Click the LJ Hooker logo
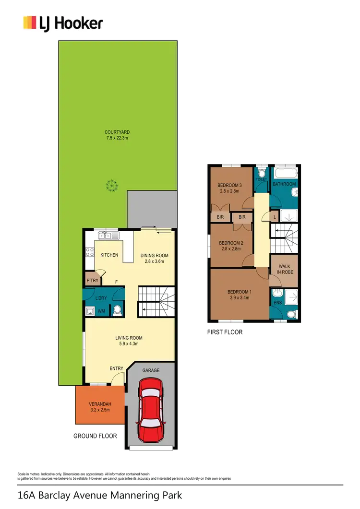[x=63, y=23]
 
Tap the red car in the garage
[x=151, y=409]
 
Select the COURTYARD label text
[x=118, y=132]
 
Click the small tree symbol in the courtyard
[x=112, y=185]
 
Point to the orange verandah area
[x=100, y=405]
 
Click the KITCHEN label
[x=109, y=255]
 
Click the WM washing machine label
[x=102, y=311]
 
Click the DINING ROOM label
[x=155, y=255]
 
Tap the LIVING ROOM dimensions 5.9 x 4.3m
[x=129, y=344]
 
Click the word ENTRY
[x=116, y=368]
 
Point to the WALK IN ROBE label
[x=284, y=269]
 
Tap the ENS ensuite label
[x=277, y=303]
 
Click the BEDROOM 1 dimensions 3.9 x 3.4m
[x=239, y=298]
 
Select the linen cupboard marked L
[x=274, y=217]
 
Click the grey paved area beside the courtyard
[x=152, y=208]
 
